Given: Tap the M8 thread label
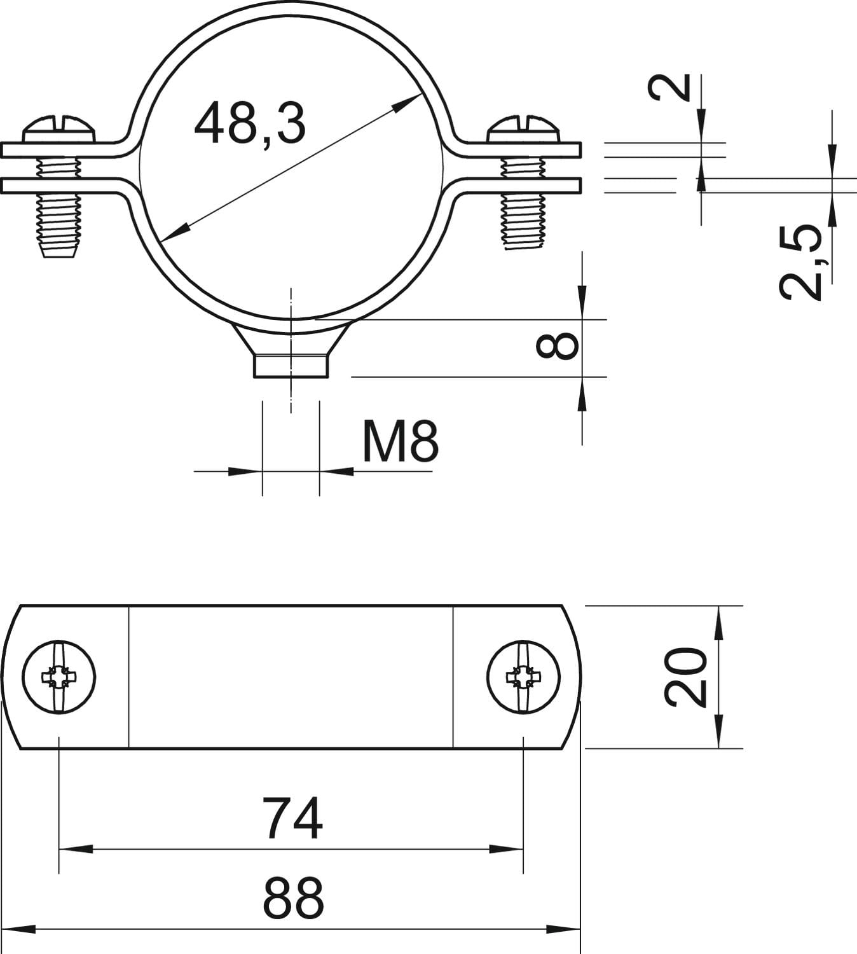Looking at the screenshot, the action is tap(400, 442).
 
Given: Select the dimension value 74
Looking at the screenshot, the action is tap(292, 819).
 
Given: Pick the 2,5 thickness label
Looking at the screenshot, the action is tap(801, 261).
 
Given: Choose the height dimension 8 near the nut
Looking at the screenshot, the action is tap(557, 346).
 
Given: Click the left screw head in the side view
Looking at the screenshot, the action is tap(59, 129).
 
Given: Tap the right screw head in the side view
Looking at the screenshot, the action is tap(524, 129).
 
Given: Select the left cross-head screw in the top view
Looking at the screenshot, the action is tap(59, 677).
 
